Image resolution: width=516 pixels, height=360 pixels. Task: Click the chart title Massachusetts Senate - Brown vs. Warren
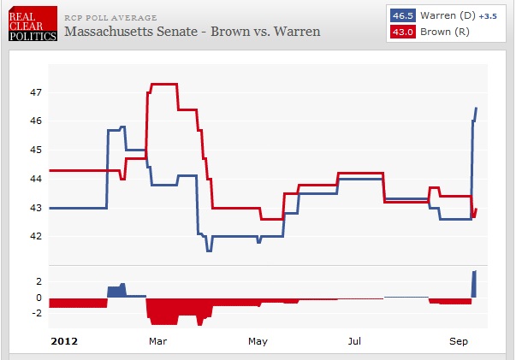[x=193, y=32]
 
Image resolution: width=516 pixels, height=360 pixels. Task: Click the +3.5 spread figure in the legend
[x=487, y=16]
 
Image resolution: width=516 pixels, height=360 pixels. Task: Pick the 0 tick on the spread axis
[x=38, y=298]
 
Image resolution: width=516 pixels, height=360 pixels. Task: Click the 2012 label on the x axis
[x=65, y=341]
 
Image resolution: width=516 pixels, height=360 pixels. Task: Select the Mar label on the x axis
[x=157, y=341]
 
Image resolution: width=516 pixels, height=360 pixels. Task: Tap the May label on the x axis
[x=258, y=341]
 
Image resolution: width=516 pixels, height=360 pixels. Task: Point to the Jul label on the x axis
[x=355, y=341]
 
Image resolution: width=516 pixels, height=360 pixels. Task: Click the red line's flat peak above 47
[x=163, y=84]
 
